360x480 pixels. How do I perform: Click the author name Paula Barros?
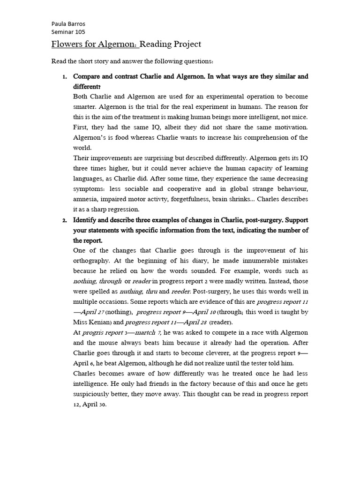coord(68,24)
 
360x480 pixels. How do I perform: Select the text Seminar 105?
coord(68,32)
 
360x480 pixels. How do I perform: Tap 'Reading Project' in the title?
coord(171,45)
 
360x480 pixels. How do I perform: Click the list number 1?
coord(65,76)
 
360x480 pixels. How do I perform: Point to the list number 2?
coord(65,220)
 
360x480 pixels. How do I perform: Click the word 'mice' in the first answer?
coord(300,117)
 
